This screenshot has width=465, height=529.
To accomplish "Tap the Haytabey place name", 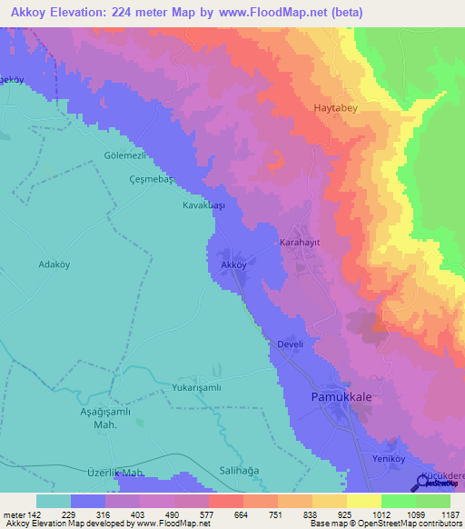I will [x=338, y=107].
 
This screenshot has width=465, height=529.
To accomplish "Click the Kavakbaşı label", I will [x=203, y=206].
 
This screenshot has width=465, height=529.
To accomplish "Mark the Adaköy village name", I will [x=54, y=264].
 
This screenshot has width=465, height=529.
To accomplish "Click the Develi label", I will [x=291, y=344].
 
